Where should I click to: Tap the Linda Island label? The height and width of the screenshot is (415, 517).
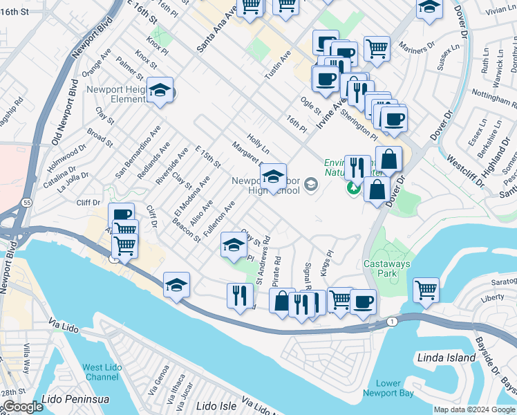coord(446,358)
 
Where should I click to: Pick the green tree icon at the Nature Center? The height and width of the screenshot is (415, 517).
coord(354,187)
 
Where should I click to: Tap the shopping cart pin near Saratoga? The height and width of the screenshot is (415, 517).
coord(426,288)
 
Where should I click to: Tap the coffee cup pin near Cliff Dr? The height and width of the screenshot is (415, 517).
coord(121,215)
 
